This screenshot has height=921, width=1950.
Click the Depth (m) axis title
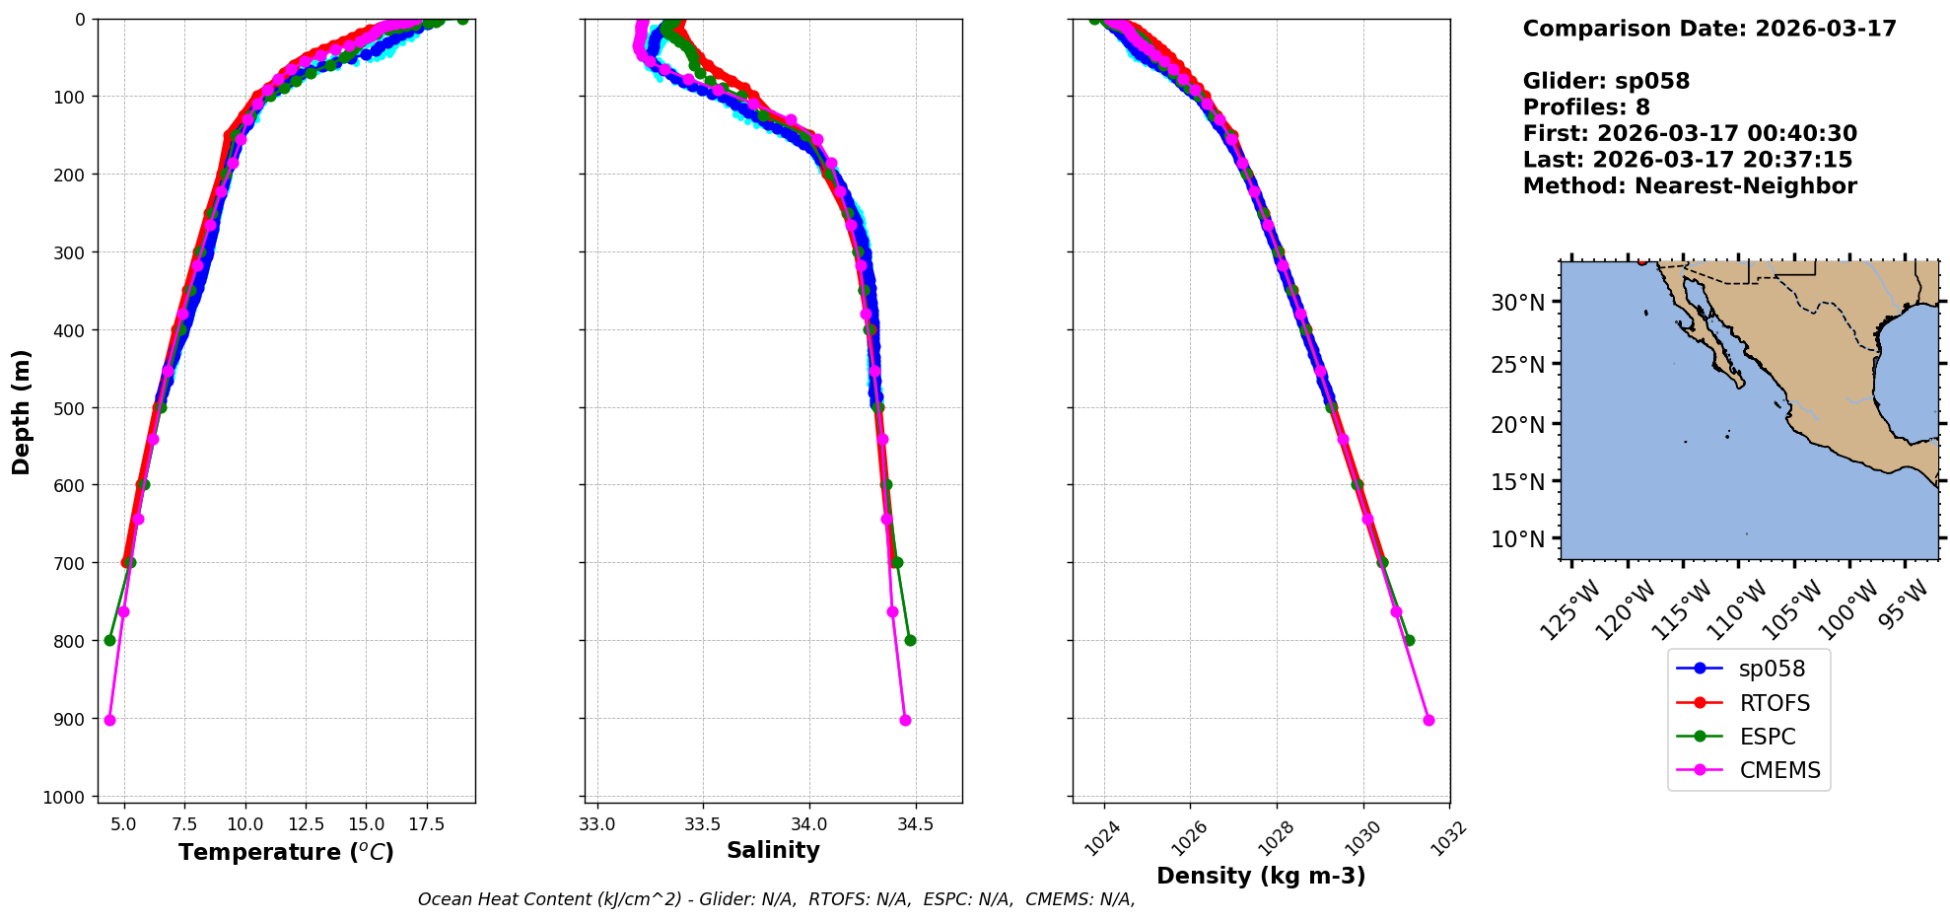(x=21, y=411)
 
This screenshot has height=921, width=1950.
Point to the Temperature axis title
(x=286, y=852)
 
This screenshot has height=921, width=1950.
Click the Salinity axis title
(x=773, y=850)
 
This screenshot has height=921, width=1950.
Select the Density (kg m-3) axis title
(x=1261, y=876)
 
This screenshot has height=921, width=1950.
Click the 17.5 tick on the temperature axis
(x=426, y=823)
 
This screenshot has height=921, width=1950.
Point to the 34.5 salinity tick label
(x=915, y=823)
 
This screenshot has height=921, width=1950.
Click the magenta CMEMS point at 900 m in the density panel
(x=1428, y=720)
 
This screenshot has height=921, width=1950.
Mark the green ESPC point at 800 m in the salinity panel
(x=910, y=640)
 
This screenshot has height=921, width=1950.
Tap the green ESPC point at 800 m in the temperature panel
(x=109, y=640)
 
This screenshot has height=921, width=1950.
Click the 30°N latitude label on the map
(x=1517, y=302)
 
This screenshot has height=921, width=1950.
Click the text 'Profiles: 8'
(x=1586, y=107)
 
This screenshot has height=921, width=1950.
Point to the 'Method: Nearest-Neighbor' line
(x=1689, y=186)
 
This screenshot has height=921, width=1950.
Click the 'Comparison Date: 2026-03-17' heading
(x=1708, y=29)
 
